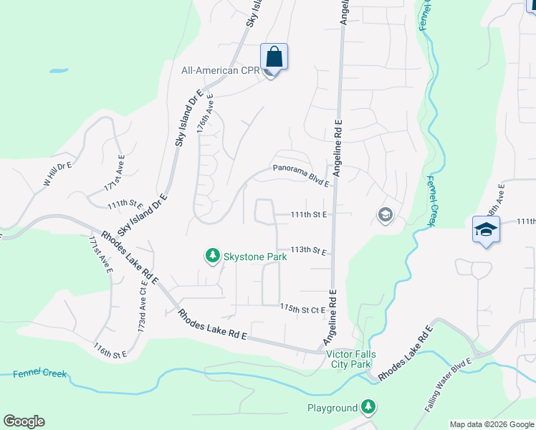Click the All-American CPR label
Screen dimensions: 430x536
220,70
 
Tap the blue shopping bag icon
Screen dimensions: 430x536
274,55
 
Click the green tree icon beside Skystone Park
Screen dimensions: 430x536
212,255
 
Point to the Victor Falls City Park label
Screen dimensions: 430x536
348,359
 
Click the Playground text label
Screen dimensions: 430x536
332,408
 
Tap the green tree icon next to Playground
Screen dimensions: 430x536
368,408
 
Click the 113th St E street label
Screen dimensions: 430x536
309,251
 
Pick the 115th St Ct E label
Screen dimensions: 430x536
302,309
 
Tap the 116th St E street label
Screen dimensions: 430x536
109,350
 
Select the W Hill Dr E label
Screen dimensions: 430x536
58,173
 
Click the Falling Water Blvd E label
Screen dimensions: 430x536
449,383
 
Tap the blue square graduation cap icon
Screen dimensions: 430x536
485,230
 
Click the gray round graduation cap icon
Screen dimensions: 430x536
386,215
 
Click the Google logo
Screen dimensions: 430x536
24,421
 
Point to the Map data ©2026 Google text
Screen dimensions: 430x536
491,424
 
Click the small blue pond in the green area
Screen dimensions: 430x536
59,71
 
